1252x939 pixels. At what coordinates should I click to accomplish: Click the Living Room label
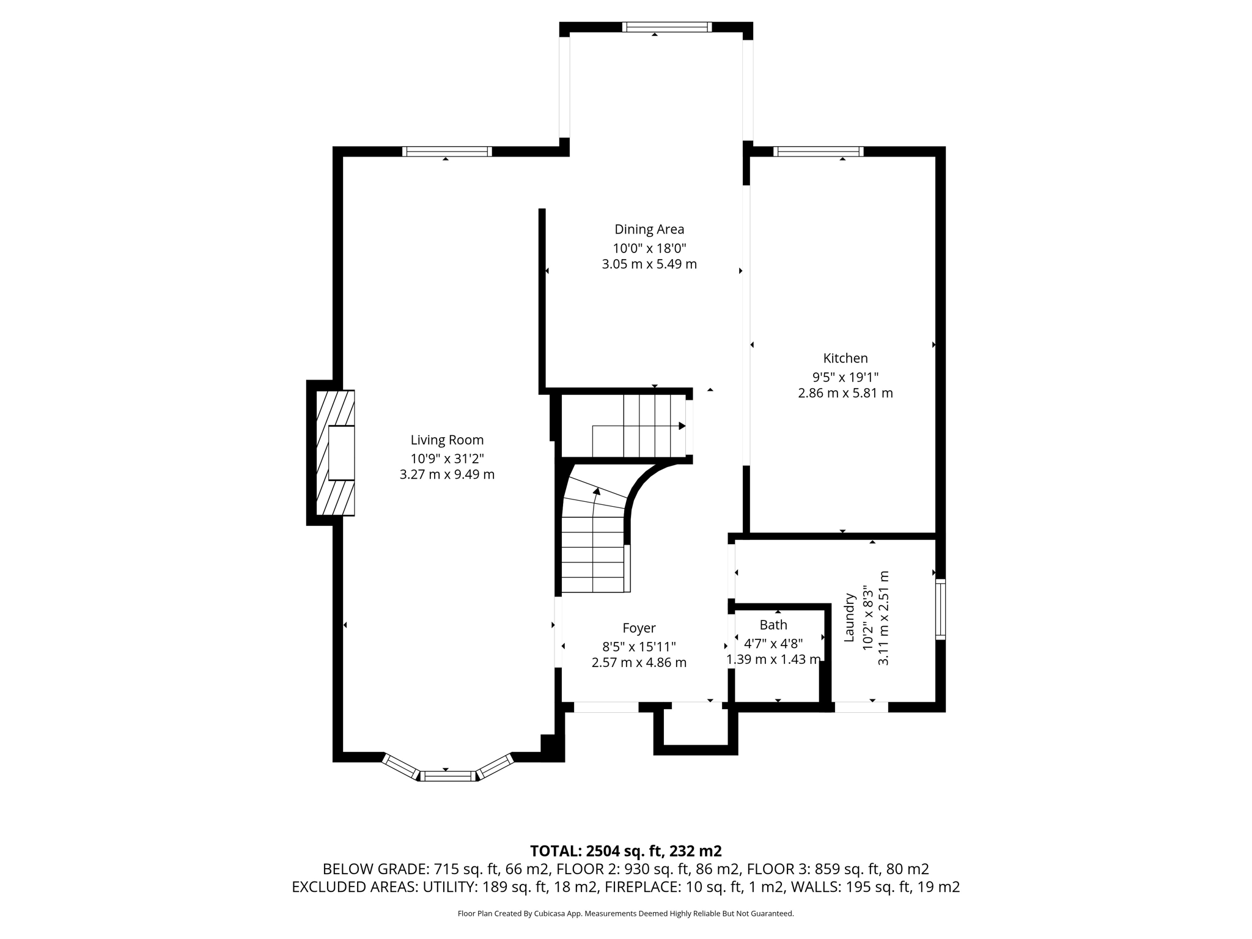[x=447, y=440]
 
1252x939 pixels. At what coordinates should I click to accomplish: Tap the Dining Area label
[x=649, y=229]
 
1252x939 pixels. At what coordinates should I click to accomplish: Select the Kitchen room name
[x=845, y=358]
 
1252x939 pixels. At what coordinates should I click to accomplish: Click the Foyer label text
[x=639, y=628]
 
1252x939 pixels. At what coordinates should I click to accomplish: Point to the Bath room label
[x=773, y=625]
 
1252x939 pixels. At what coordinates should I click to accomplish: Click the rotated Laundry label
[x=849, y=617]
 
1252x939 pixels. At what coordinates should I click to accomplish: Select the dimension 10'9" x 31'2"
[x=447, y=458]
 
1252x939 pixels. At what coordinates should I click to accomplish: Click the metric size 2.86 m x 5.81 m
[x=845, y=393]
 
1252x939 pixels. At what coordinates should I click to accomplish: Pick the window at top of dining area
[x=666, y=27]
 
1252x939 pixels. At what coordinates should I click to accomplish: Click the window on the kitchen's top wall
[x=818, y=152]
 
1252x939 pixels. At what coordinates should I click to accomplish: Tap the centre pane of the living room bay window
[x=447, y=776]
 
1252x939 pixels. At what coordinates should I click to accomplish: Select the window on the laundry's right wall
[x=940, y=609]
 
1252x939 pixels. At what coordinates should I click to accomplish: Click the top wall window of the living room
[x=447, y=152]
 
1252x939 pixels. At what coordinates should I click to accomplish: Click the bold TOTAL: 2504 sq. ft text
[x=625, y=851]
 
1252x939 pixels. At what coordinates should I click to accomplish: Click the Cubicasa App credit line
[x=625, y=913]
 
